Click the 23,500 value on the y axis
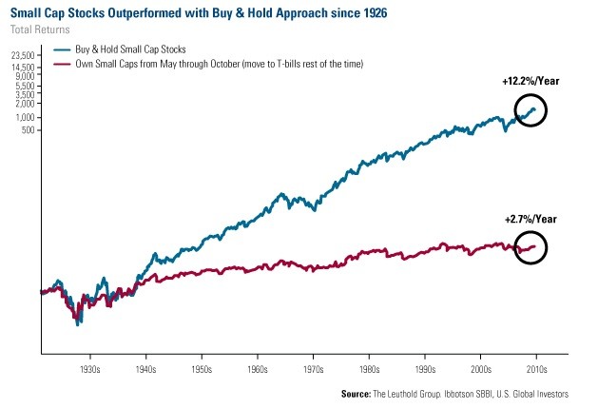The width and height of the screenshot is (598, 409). [21, 55]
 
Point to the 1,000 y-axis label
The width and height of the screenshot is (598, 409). [25, 117]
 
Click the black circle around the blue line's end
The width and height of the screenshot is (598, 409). [530, 111]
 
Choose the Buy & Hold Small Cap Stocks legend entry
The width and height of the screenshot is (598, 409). [138, 48]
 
